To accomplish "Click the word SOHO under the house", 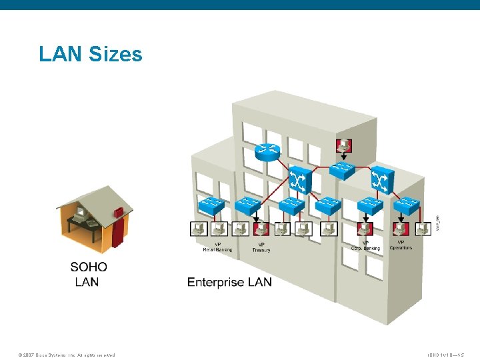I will [89, 267].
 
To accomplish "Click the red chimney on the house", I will [119, 213].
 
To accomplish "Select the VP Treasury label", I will [261, 247].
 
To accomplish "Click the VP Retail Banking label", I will [213, 247].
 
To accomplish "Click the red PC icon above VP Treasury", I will [260, 229].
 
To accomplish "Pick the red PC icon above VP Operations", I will [400, 229].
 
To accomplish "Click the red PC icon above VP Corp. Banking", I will [365, 229].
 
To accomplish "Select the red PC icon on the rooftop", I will [343, 145].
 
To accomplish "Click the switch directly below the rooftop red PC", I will [344, 170].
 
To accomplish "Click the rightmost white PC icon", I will [423, 229].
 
